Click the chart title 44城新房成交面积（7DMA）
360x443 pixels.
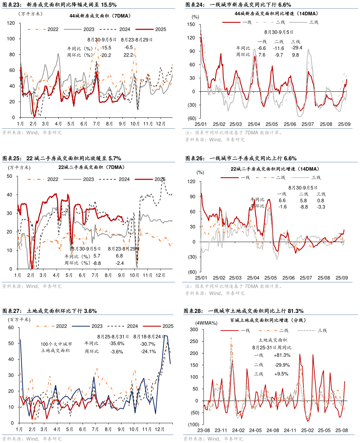click(x=100, y=16)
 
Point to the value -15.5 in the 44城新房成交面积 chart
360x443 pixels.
click(x=105, y=48)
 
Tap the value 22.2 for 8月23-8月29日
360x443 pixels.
click(x=128, y=55)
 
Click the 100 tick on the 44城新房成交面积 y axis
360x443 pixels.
click(x=11, y=39)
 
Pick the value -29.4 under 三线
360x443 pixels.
click(x=297, y=48)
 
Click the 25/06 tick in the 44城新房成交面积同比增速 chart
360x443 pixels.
click(x=290, y=124)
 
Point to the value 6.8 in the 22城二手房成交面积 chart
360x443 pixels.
click(x=119, y=256)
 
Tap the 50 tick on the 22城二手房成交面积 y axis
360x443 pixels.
click(x=9, y=177)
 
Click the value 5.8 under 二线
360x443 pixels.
click(x=303, y=201)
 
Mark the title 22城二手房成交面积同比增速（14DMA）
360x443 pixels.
click(x=274, y=169)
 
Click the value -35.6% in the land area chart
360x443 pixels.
click(x=117, y=344)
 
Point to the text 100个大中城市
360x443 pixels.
click(x=56, y=344)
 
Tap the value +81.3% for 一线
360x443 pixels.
click(x=282, y=355)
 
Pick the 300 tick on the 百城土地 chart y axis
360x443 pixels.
click(x=194, y=330)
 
